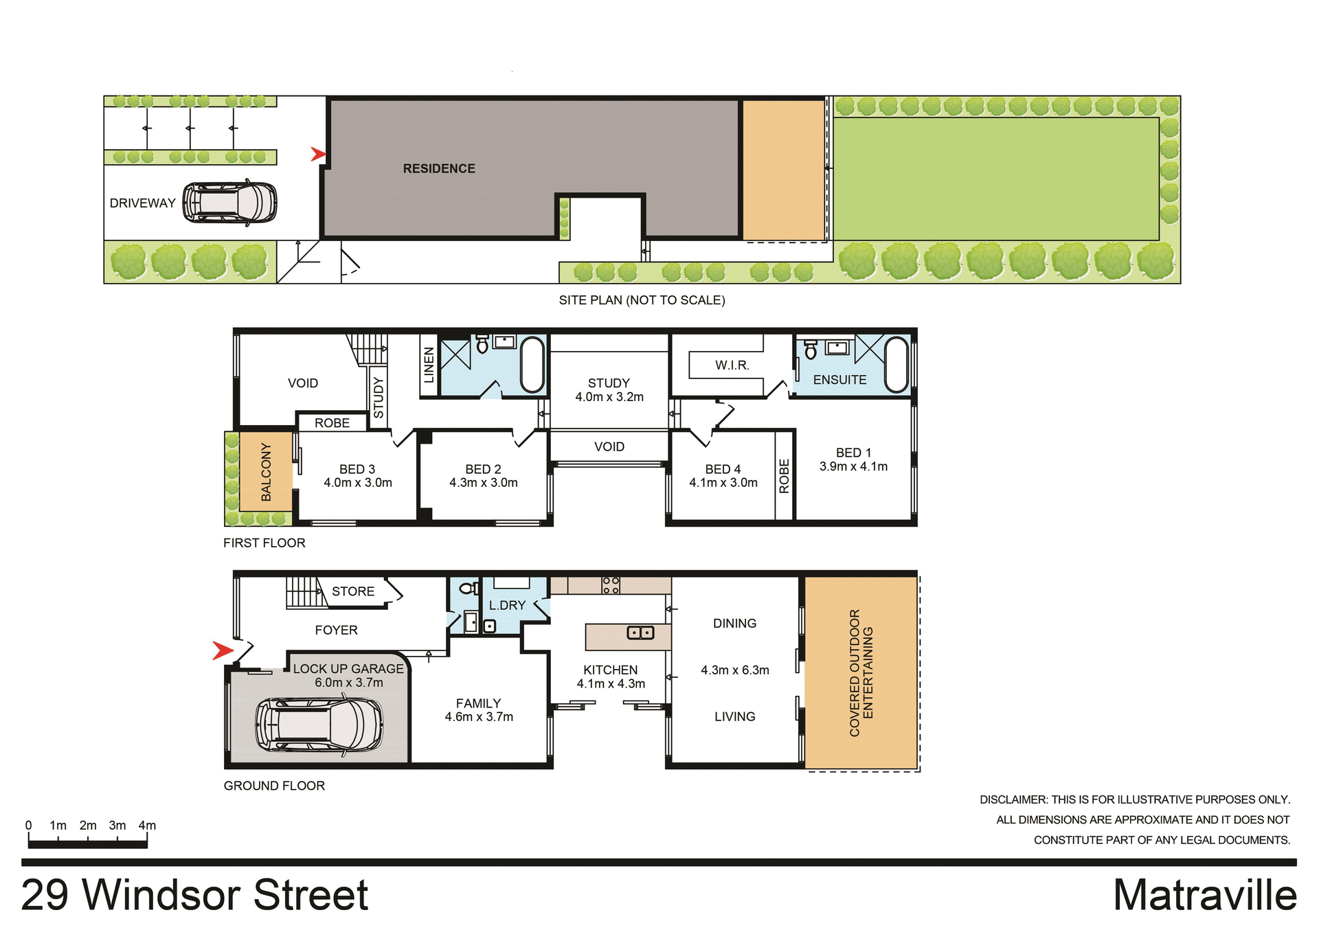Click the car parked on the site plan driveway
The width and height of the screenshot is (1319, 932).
[x=230, y=203]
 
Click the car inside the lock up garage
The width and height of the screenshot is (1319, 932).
[x=319, y=725]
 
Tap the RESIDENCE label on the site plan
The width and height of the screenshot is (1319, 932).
[x=439, y=169]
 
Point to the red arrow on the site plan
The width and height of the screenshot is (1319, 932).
[x=318, y=154]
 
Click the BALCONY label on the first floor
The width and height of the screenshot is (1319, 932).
[x=267, y=472]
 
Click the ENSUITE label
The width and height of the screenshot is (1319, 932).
[x=839, y=380]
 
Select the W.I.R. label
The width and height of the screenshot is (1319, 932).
[x=732, y=365]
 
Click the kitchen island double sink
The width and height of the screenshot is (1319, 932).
[x=640, y=633]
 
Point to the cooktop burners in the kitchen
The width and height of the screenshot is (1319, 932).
[x=611, y=585]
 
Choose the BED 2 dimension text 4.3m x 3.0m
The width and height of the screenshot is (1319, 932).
[x=484, y=483]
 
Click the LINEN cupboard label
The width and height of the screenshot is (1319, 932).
[x=429, y=365]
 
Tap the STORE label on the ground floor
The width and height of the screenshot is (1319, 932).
[x=353, y=591]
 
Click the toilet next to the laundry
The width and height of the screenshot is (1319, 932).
[x=468, y=589]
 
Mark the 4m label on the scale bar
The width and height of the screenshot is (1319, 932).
[x=147, y=826]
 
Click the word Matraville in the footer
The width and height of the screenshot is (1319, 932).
[x=1204, y=896]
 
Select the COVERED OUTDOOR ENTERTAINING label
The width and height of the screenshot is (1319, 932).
[x=861, y=673]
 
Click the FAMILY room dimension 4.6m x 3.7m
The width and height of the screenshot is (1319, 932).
[x=479, y=717]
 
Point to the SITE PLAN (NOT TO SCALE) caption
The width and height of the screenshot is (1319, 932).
[x=642, y=300]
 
